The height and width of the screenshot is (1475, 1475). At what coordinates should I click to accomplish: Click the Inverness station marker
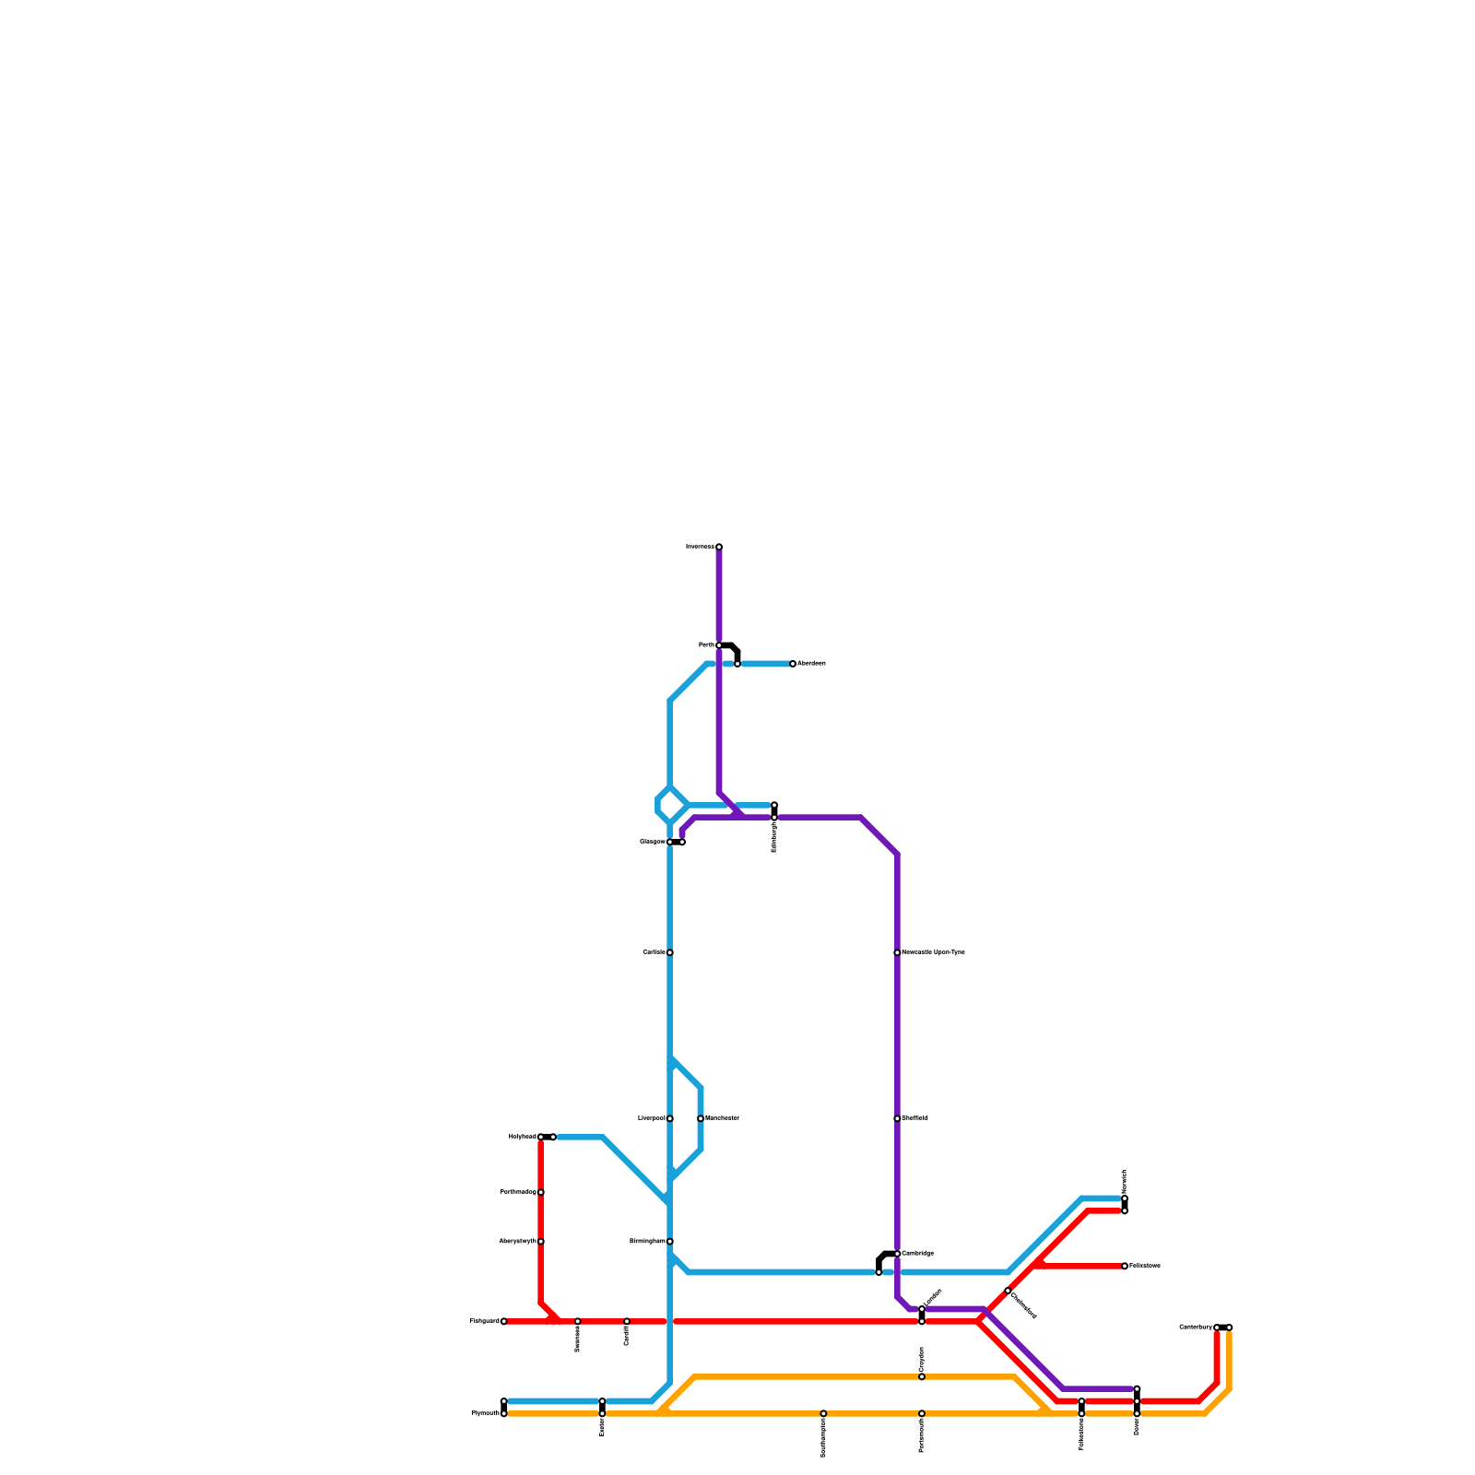tap(719, 547)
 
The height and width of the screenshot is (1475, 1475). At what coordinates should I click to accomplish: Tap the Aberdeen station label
tap(811, 664)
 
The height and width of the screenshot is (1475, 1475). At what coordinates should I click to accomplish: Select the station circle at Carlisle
tap(670, 952)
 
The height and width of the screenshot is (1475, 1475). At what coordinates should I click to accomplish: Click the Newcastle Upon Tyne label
tap(933, 952)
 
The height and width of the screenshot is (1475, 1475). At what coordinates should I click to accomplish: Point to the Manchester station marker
tap(701, 1118)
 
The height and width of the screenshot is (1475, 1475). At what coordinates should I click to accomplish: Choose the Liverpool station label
tap(652, 1118)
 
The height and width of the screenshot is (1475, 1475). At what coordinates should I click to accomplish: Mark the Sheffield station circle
tap(897, 1118)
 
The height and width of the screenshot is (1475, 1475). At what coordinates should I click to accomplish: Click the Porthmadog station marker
tap(541, 1192)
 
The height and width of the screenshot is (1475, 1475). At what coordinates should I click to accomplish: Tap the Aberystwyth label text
tap(517, 1242)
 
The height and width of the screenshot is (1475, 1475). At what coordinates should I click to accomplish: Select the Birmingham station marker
tap(670, 1242)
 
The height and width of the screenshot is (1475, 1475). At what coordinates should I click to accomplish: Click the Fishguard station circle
tap(503, 1321)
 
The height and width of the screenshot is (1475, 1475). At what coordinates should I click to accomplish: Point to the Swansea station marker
tap(578, 1321)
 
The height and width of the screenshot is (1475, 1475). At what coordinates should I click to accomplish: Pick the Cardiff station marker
tap(627, 1321)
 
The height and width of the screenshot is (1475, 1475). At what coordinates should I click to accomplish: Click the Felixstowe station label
tap(1144, 1266)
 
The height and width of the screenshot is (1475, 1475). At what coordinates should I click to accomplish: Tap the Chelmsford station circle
tap(1008, 1291)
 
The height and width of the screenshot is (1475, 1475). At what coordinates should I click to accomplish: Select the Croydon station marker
tap(922, 1376)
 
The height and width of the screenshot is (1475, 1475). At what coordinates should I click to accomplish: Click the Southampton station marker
tap(823, 1413)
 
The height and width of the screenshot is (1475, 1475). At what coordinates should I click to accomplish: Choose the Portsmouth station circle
tap(922, 1413)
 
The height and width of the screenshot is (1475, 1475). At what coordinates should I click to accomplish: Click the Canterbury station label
tap(1196, 1327)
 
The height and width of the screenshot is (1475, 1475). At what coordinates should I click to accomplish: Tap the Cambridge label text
tap(917, 1254)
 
